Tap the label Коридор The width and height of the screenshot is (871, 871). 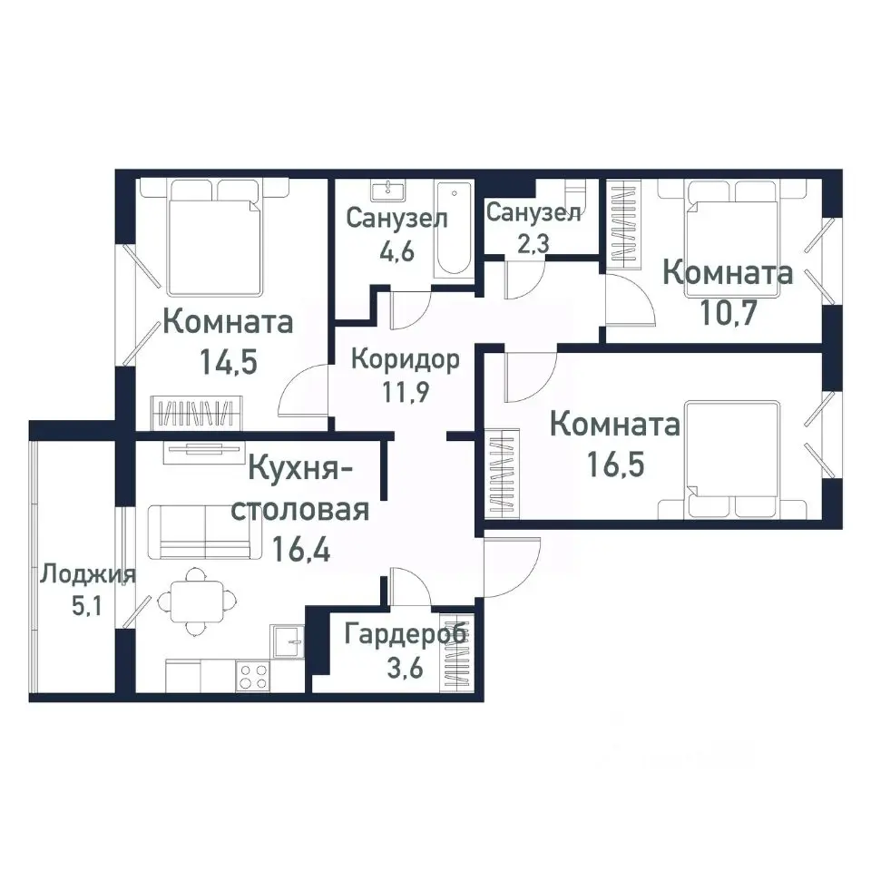(406, 357)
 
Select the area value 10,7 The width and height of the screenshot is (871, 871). (729, 312)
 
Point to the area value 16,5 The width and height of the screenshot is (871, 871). (615, 465)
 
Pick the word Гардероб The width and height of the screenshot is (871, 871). (406, 633)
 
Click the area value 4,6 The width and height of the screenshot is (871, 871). (396, 250)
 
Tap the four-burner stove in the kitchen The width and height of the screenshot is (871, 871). (253, 676)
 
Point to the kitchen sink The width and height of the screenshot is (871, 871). (289, 641)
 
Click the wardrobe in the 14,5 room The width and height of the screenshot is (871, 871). (197, 414)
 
